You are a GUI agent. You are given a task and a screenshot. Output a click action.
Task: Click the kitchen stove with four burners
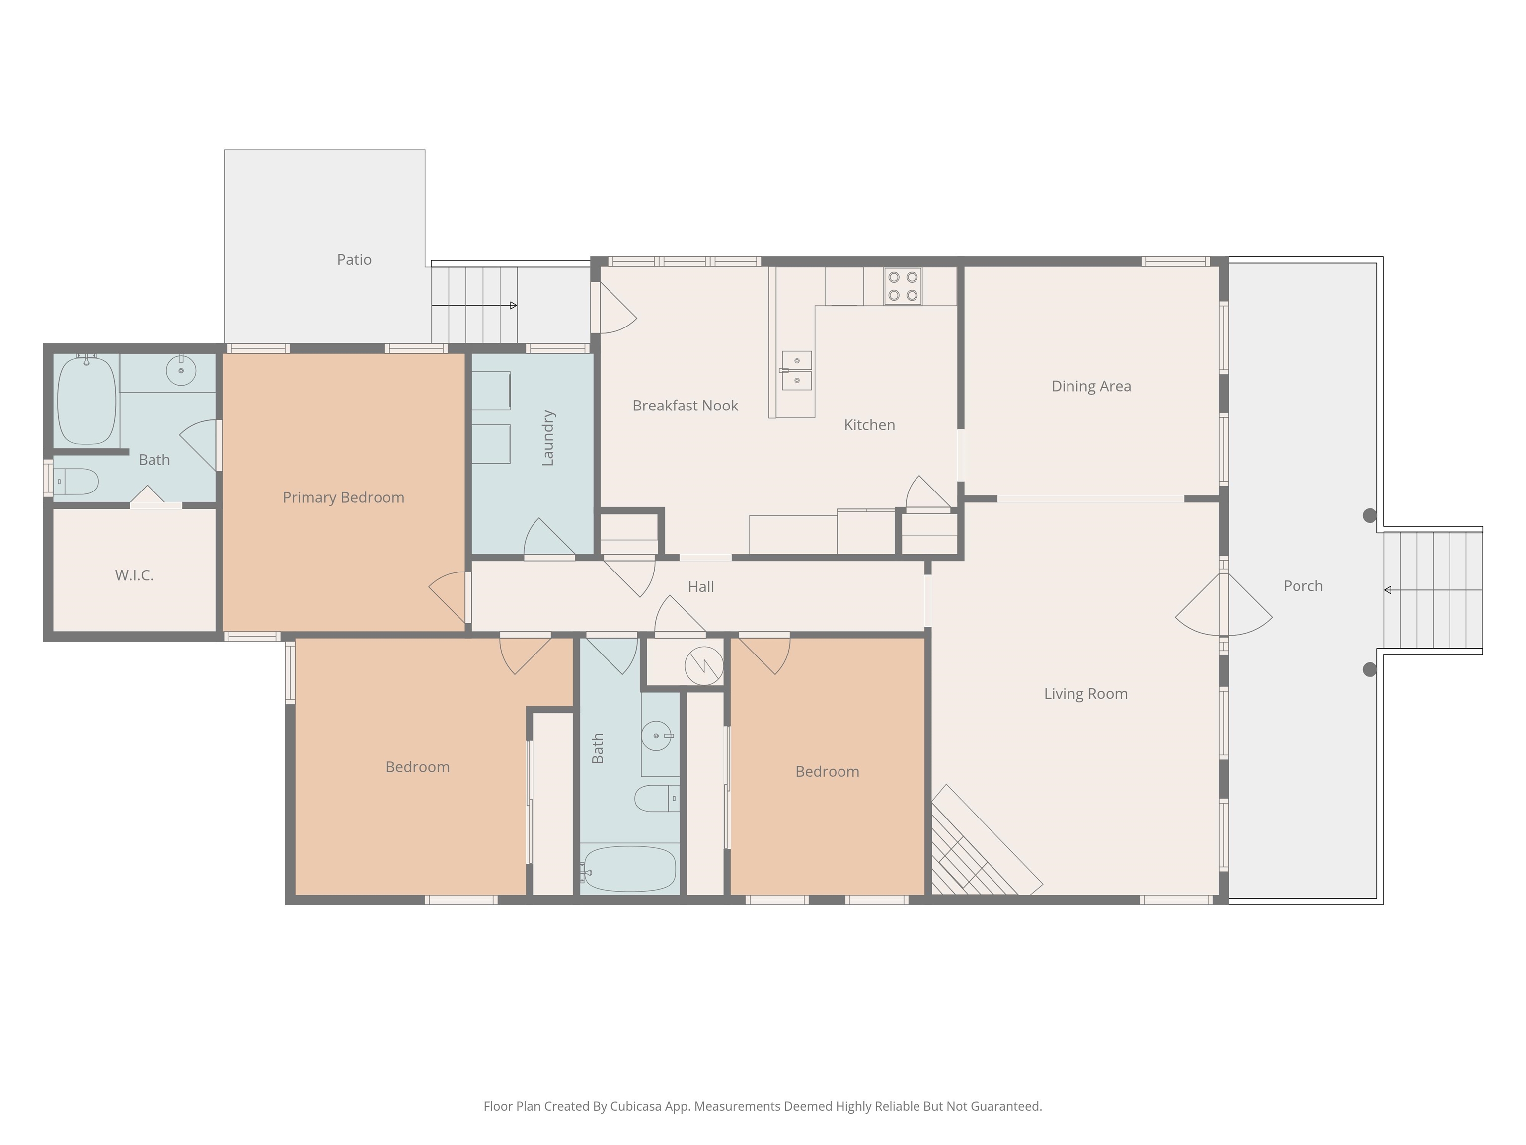[903, 286]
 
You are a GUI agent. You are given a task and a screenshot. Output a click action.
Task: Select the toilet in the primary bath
[76, 482]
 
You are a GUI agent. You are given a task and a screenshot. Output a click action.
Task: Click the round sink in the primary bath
[181, 371]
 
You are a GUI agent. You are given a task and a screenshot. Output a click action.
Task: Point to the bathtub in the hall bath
[628, 869]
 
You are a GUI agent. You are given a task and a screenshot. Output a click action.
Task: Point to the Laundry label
[548, 438]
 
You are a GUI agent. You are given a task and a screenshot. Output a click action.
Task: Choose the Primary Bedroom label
[343, 497]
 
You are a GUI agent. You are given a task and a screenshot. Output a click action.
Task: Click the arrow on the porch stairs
[1388, 590]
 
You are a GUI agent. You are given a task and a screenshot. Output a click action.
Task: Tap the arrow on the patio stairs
[513, 305]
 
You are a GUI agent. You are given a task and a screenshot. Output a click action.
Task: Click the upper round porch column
[1370, 515]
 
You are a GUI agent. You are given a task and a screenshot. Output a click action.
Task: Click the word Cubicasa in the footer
[635, 1106]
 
